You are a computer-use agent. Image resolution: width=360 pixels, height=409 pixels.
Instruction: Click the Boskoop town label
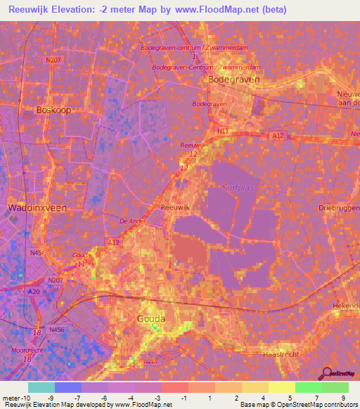53,110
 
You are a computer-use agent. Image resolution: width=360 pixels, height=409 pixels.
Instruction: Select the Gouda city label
151,318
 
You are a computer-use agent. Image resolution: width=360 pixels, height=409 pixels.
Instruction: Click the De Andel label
131,221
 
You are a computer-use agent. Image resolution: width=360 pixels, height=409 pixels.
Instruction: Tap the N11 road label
224,131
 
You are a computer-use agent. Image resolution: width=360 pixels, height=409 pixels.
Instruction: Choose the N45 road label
35,253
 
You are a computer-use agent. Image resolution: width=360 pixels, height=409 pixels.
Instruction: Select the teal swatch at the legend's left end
41,387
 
